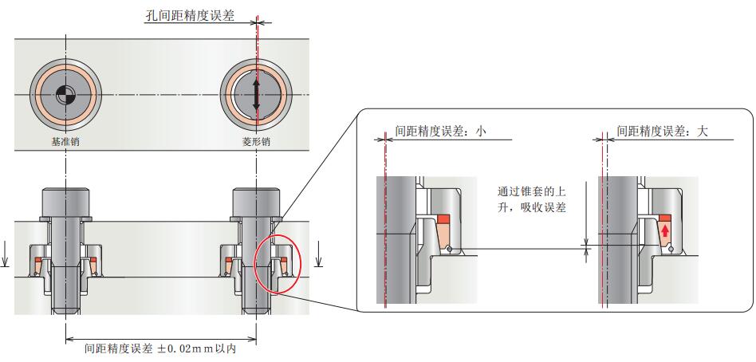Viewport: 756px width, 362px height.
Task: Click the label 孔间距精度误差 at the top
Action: [x=189, y=15]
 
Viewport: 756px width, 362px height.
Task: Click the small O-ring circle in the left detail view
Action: [x=451, y=250]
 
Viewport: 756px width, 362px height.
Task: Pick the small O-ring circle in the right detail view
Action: [x=672, y=250]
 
